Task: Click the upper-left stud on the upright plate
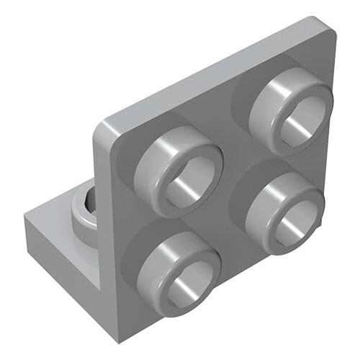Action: [178, 168]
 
